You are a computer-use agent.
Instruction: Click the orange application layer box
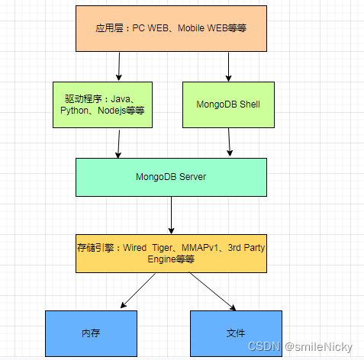pyautogui.click(x=171, y=28)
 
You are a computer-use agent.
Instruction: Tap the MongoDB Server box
pyautogui.click(x=171, y=177)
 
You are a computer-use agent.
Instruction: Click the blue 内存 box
pyautogui.click(x=90, y=333)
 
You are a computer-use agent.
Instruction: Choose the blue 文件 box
pyautogui.click(x=235, y=333)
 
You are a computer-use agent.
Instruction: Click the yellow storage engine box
pyautogui.click(x=171, y=253)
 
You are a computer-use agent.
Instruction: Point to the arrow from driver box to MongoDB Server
pyautogui.click(x=119, y=143)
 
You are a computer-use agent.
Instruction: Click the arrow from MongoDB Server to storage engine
pyautogui.click(x=172, y=215)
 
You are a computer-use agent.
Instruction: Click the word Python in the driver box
pyautogui.click(x=75, y=111)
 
